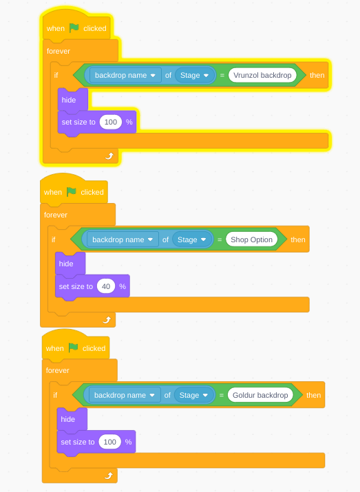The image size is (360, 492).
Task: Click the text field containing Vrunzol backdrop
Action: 262,75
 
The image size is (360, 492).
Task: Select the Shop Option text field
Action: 251,239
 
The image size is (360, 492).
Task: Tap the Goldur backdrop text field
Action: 260,395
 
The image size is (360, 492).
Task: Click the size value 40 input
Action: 106,286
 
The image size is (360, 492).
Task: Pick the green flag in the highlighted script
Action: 74,28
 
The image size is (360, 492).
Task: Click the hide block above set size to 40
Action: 70,264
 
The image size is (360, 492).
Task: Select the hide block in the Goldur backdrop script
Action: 72,420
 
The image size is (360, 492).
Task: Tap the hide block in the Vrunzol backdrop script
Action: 72,100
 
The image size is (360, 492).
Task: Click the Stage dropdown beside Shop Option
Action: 192,239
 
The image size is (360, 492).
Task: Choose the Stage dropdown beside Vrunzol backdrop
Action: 195,75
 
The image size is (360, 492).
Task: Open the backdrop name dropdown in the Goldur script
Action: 125,395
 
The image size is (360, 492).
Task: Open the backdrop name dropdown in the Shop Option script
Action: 123,239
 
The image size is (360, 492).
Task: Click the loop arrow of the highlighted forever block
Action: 109,156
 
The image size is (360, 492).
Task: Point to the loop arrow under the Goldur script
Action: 108,475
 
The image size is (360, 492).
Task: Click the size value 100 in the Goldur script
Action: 110,442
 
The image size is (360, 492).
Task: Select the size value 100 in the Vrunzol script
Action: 111,122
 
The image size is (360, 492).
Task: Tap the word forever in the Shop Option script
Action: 56,215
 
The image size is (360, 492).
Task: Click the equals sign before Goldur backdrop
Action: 222,396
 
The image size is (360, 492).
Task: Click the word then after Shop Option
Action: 298,239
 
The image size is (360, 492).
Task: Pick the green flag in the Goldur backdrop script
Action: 73,348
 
